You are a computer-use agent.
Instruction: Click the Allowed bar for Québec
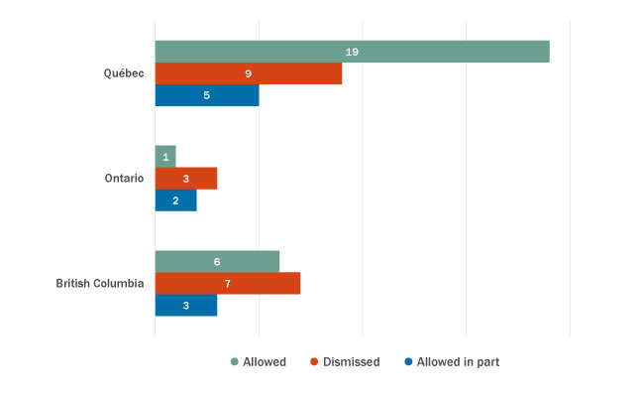coord(352,52)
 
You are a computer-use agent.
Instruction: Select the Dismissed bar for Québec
coord(248,73)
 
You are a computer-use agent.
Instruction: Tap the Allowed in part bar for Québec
coord(206,95)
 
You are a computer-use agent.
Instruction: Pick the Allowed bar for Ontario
coord(165,157)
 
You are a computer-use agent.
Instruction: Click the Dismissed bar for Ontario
coord(185,179)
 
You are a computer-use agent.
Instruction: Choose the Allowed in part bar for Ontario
coord(175,200)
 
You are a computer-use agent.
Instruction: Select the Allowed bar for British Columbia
coord(217,262)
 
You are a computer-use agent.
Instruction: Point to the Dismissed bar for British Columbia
coord(227,284)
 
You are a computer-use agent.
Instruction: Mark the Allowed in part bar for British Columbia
coord(185,306)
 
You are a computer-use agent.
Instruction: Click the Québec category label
coord(124,73)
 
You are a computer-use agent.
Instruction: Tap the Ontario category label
coord(124,179)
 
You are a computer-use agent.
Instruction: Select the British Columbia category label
coord(100,284)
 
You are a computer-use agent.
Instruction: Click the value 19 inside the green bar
coord(352,52)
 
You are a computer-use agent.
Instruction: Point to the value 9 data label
coord(248,73)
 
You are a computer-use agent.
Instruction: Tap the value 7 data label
coord(227,284)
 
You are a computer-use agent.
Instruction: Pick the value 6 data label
coord(217,262)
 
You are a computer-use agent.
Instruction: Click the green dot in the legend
coord(234,362)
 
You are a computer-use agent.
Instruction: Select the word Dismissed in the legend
coord(351,362)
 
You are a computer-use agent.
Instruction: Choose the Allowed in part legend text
coord(458,362)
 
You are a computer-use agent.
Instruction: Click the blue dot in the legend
coord(408,362)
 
